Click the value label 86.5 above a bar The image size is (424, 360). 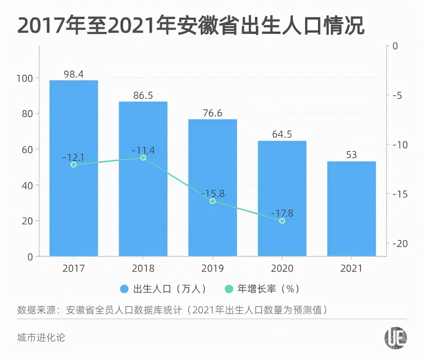click(143, 96)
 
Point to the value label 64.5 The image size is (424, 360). click(282, 134)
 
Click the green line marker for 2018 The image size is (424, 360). click(143, 158)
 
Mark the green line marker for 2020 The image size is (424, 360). click(282, 221)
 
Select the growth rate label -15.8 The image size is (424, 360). click(213, 194)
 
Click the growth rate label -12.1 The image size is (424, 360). click(73, 157)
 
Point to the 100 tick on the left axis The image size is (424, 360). click(25, 78)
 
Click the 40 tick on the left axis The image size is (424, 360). click(27, 185)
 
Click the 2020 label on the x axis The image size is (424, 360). click(282, 269)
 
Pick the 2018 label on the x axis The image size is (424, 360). click(143, 269)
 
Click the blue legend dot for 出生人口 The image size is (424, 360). click(124, 289)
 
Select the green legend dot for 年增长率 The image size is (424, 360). click(229, 289)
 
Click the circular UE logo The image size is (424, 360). click(395, 338)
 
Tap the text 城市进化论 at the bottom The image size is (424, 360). click(41, 337)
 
